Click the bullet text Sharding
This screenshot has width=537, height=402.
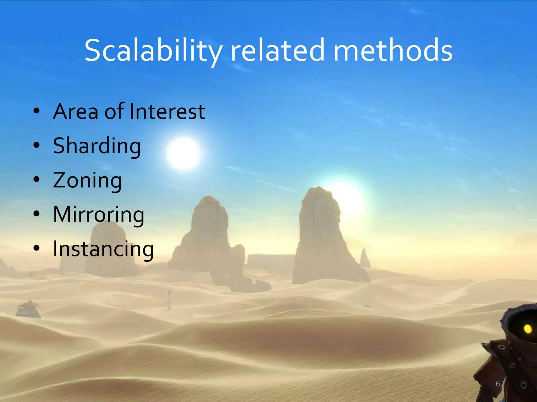(x=97, y=146)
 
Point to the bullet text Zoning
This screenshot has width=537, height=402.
(x=87, y=180)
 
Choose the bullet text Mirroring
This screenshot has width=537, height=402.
(x=99, y=215)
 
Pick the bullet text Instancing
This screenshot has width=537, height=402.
(x=103, y=249)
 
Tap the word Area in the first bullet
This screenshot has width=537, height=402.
(x=76, y=111)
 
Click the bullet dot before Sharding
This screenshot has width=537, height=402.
(x=37, y=145)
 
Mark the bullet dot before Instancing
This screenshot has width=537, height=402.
(x=37, y=248)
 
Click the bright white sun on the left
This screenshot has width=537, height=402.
(x=183, y=153)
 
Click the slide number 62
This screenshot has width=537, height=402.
(x=500, y=384)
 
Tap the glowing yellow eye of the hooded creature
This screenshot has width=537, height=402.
(x=528, y=329)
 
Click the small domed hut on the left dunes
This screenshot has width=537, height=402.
(x=28, y=309)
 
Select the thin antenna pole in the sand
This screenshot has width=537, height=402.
(x=170, y=298)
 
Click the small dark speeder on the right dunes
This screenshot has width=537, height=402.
(x=367, y=306)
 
